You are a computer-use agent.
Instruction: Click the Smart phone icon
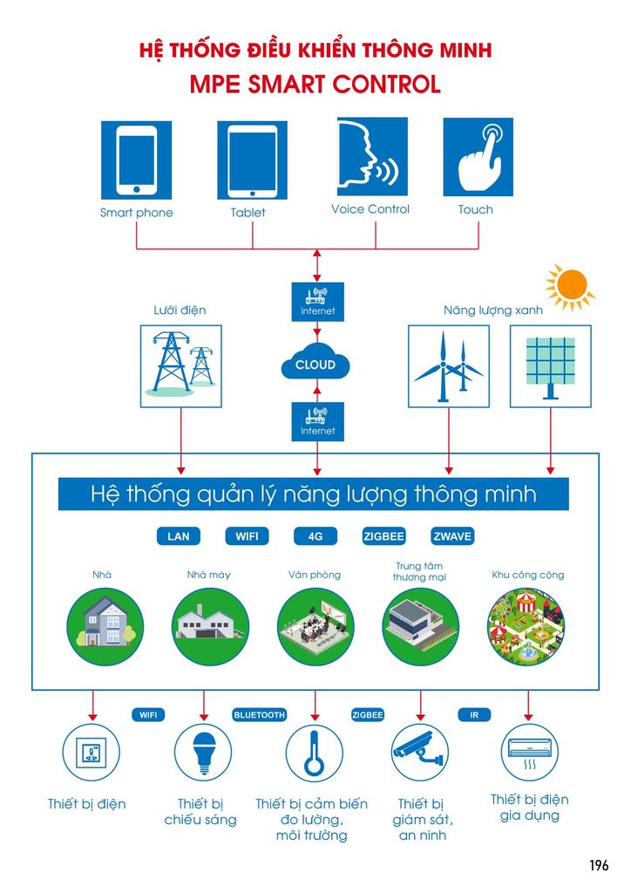tap(136, 159)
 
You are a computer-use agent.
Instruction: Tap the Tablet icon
tap(252, 160)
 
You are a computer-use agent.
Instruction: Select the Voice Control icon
tap(370, 157)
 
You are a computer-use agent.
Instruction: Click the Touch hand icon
tap(478, 157)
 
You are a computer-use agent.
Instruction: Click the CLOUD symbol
tap(315, 365)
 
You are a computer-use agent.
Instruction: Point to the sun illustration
tap(571, 287)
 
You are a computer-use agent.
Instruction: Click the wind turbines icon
tap(449, 365)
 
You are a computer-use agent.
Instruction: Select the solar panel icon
tap(550, 365)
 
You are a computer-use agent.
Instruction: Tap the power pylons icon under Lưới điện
tap(181, 365)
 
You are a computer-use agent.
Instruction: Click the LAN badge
tap(178, 536)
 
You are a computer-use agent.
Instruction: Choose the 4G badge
tap(315, 536)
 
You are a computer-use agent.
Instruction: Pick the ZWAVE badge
tap(452, 536)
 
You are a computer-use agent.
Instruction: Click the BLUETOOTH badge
tap(259, 715)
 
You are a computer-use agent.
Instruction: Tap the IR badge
tap(474, 715)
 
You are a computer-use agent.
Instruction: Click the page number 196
tap(598, 865)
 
